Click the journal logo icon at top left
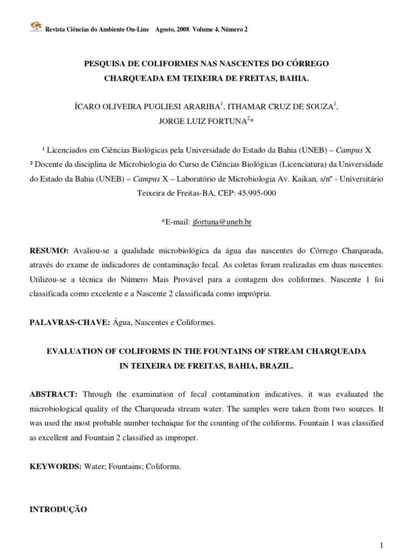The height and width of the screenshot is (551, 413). pyautogui.click(x=35, y=27)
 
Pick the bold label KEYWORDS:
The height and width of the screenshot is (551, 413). pyautogui.click(x=55, y=467)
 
